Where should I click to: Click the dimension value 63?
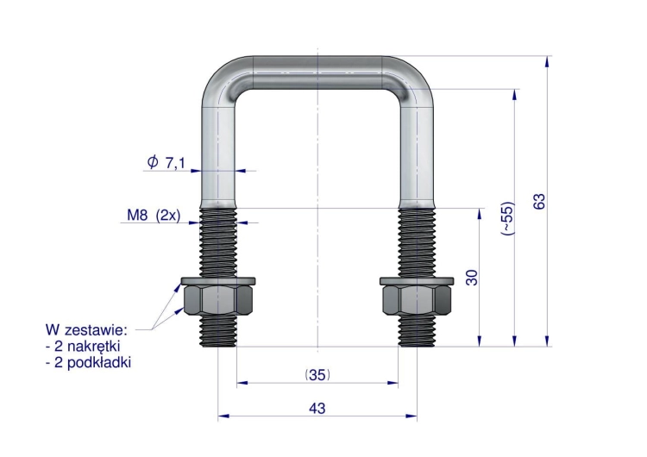pyautogui.click(x=539, y=201)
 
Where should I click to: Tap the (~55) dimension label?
pyautogui.click(x=508, y=218)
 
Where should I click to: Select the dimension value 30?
pyautogui.click(x=471, y=277)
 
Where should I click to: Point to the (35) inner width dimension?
pyautogui.click(x=317, y=374)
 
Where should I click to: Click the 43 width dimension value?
pyautogui.click(x=317, y=408)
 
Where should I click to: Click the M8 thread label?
pyautogui.click(x=137, y=215)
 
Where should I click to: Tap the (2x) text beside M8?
pyautogui.click(x=168, y=216)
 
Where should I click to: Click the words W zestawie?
pyautogui.click(x=86, y=329)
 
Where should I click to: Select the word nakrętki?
pyautogui.click(x=93, y=346)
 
